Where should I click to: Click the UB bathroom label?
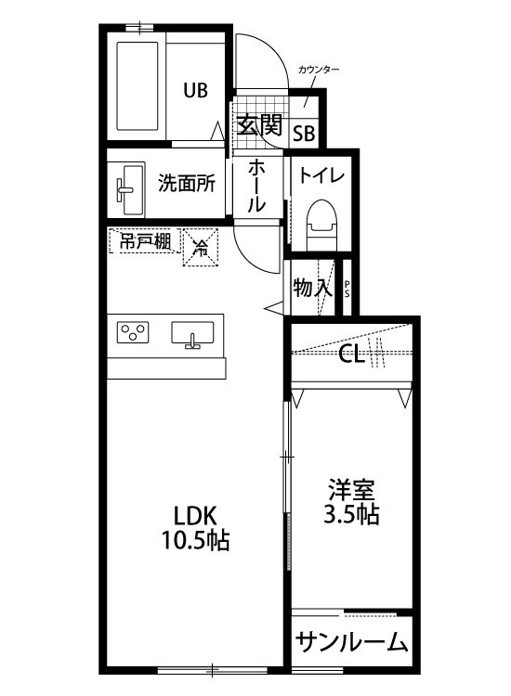click(x=195, y=90)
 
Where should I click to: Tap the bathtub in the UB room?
click(x=139, y=88)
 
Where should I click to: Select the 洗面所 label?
click(x=186, y=183)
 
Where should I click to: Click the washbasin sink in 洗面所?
click(x=128, y=183)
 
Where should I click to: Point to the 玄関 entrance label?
click(x=257, y=124)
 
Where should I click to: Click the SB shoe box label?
click(x=304, y=133)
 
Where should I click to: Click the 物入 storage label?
click(x=311, y=288)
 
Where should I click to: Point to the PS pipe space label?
click(x=347, y=289)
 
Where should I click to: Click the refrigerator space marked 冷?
click(x=200, y=247)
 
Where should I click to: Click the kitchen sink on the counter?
click(x=193, y=332)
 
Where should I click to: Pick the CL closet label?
click(x=351, y=353)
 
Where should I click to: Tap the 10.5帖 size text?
click(x=196, y=539)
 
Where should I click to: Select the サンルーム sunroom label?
click(x=352, y=641)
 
